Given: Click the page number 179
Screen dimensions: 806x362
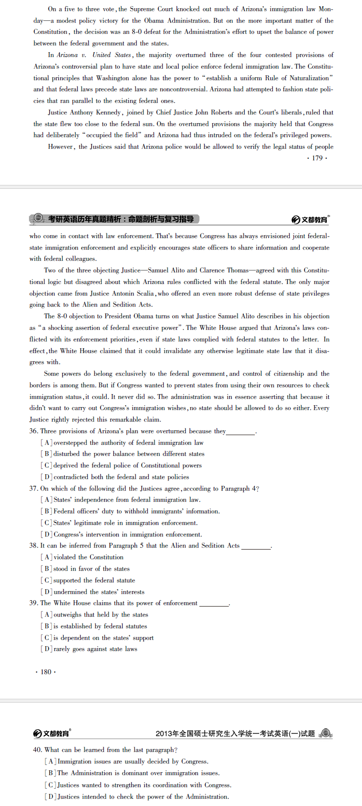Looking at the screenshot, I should pos(317,158).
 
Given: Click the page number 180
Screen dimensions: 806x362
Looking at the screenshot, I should pos(46,672).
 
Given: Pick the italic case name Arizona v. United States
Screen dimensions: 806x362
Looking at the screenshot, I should pos(94,55).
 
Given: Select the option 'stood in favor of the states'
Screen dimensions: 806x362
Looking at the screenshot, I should pos(91,568).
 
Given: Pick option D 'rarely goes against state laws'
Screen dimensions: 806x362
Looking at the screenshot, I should pos(95,649).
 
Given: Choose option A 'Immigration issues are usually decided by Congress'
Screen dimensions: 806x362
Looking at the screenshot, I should pos(133,761).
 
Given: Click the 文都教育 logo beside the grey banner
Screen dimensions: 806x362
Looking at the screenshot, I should pos(310,220).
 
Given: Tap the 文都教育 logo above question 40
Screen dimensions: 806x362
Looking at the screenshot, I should pos(52,733).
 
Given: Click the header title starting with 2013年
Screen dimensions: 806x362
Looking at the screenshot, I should pos(235,734).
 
